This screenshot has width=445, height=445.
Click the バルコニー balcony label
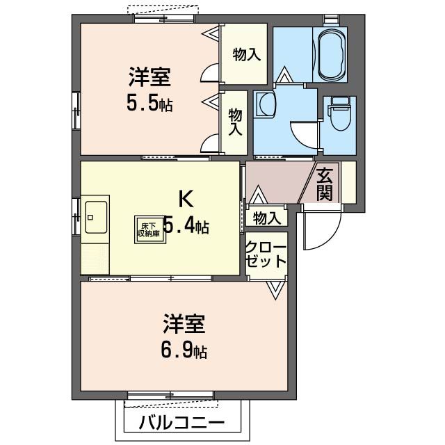tap(181, 422)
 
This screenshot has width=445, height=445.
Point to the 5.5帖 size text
tap(149, 104)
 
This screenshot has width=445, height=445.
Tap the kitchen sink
tap(96, 217)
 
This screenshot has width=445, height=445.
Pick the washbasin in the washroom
tap(266, 106)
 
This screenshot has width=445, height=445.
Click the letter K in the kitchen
tap(186, 199)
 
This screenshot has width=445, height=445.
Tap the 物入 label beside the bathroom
tap(247, 54)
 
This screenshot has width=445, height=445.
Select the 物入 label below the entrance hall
tap(266, 218)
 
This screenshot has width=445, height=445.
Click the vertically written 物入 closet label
tap(236, 122)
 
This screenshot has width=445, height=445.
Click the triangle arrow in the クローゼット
tap(275, 288)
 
